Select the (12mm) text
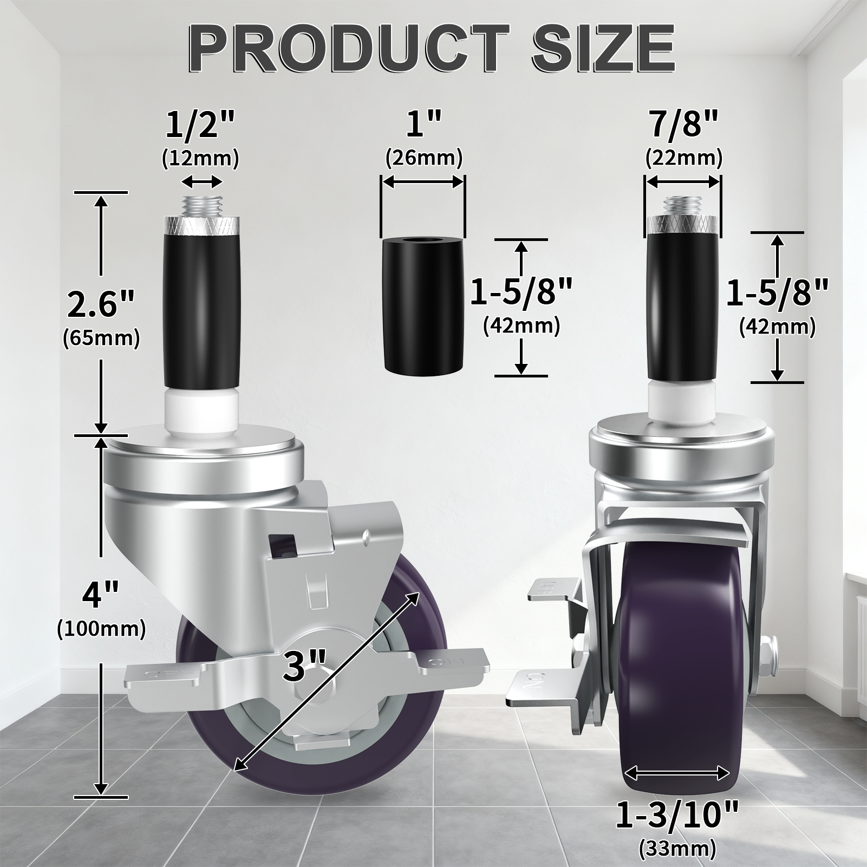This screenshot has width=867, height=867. tap(200, 159)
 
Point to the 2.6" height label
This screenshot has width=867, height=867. tap(101, 304)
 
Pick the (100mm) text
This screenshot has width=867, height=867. tap(101, 629)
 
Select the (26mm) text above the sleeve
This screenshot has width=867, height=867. tap(424, 159)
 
